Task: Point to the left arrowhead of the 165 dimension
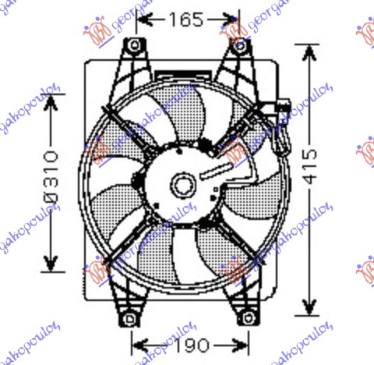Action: click(149, 19)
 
